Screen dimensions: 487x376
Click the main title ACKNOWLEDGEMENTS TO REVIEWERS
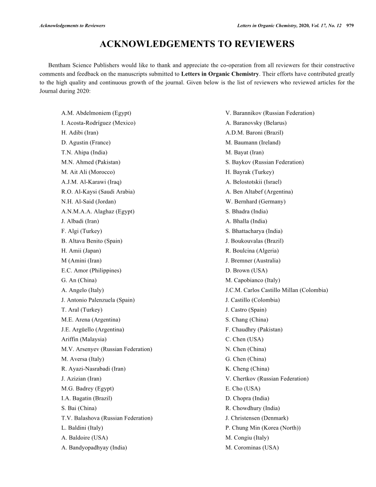click(x=197, y=44)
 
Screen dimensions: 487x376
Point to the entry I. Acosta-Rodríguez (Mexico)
click(x=98, y=123)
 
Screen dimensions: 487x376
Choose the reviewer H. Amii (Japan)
click(x=81, y=251)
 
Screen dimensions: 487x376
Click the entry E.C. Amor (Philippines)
click(x=91, y=270)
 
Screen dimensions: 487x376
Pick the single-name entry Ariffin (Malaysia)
click(x=84, y=339)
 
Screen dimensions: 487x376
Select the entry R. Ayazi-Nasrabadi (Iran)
click(x=94, y=369)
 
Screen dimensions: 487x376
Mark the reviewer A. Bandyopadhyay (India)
click(x=94, y=447)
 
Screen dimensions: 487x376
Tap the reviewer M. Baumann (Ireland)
click(x=253, y=143)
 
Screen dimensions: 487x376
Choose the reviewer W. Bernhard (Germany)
click(x=256, y=202)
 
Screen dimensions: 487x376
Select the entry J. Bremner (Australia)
click(x=253, y=261)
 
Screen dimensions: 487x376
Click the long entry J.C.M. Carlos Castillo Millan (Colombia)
click(x=277, y=290)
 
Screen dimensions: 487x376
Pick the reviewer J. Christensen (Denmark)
click(x=257, y=418)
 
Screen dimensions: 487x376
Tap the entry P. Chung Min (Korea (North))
click(x=263, y=428)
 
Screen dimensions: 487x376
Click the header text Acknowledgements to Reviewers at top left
click(x=72, y=26)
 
